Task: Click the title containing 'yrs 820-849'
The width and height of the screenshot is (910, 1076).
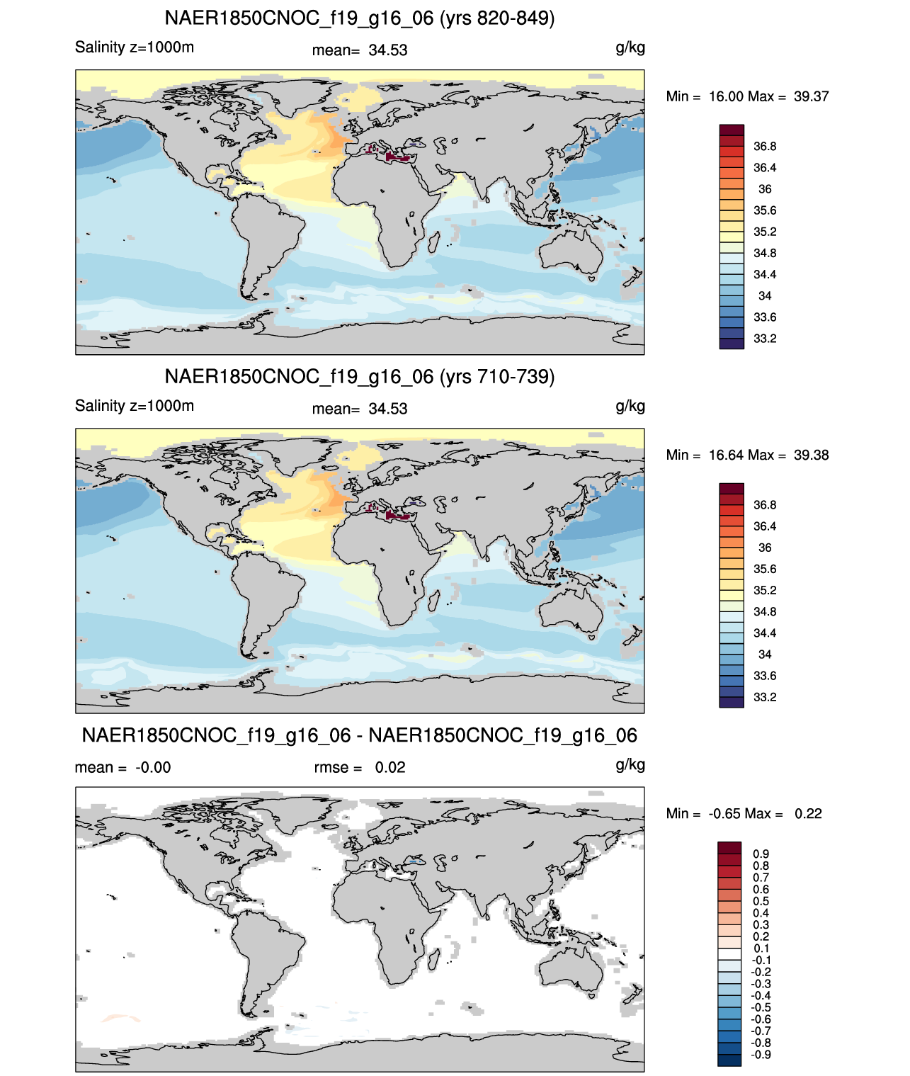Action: coord(360,18)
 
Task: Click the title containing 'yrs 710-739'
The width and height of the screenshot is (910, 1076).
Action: coord(360,377)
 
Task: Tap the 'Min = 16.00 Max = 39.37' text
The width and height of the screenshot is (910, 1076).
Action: coord(747,96)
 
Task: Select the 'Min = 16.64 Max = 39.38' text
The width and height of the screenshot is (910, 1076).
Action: coord(747,455)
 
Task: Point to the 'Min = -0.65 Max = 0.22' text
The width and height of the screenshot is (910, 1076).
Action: coord(744,814)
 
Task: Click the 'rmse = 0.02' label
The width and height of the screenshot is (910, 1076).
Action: coord(360,767)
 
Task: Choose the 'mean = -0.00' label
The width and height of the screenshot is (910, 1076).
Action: coord(123,767)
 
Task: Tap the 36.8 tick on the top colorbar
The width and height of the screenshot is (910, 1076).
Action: coord(765,147)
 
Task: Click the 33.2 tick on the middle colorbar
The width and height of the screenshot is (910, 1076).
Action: coord(765,697)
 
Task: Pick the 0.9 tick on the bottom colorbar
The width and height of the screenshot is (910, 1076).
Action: coord(761,854)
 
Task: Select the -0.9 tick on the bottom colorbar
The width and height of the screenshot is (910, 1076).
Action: coord(761,1055)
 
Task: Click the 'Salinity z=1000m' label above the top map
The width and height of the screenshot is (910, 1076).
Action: coord(135,47)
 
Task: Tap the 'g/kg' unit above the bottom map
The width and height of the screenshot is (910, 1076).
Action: coord(630,765)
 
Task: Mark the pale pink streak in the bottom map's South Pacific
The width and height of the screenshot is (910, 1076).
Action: coord(120,1017)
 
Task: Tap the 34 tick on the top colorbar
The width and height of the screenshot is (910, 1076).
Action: coord(765,295)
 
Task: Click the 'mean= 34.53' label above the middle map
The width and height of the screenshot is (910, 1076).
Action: coord(360,409)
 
